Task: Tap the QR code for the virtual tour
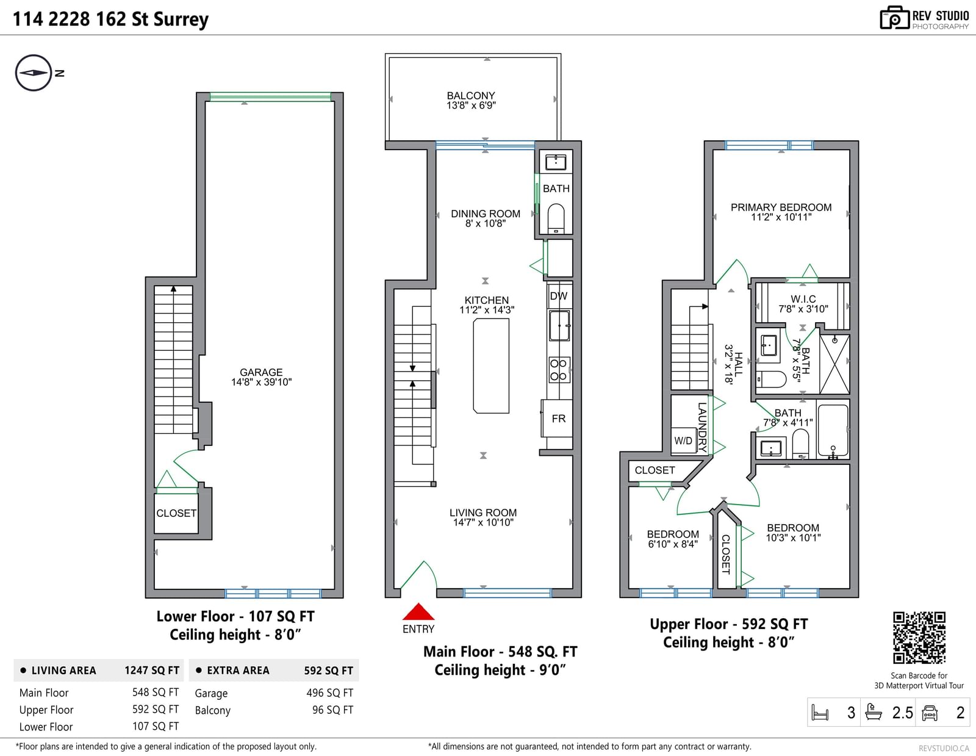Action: [x=919, y=638]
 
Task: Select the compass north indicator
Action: [x=34, y=73]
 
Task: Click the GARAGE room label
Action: [x=261, y=372]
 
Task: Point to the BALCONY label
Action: [x=471, y=96]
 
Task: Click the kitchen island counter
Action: [x=491, y=365]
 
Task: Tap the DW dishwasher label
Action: [x=559, y=296]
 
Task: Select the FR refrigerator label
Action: [x=558, y=419]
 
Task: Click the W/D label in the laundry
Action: [x=683, y=441]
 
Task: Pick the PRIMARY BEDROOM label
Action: [x=781, y=207]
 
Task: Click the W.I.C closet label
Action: [x=803, y=299]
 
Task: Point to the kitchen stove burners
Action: [x=558, y=370]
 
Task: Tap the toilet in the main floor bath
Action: [x=556, y=219]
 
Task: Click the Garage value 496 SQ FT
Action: [x=329, y=693]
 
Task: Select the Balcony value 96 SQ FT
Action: [x=333, y=710]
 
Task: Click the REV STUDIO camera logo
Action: [x=894, y=18]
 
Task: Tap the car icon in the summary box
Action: [x=929, y=713]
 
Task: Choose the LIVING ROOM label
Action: [x=483, y=513]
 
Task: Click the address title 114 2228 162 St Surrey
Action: [x=110, y=19]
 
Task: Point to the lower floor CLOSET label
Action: [x=176, y=513]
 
